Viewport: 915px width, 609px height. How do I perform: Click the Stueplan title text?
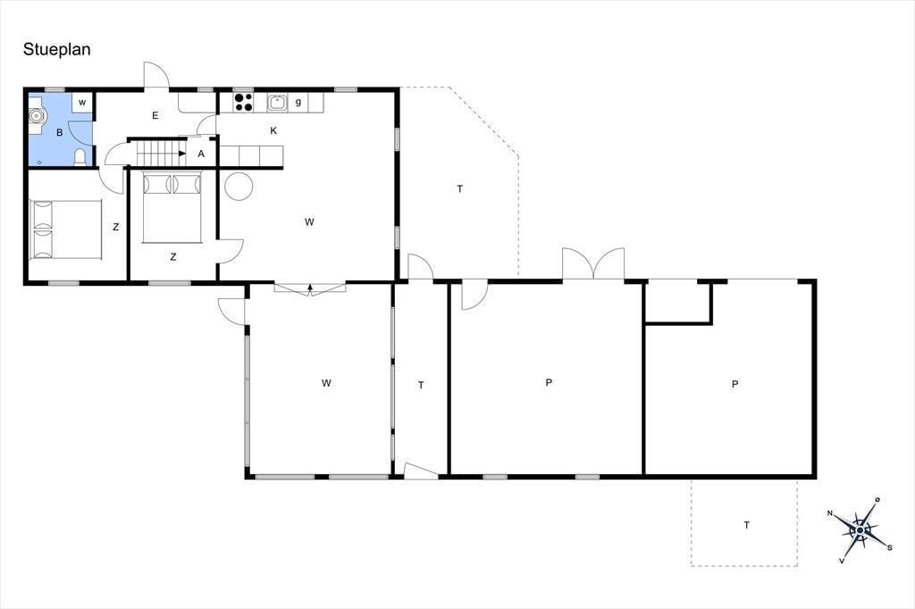pyautogui.click(x=56, y=50)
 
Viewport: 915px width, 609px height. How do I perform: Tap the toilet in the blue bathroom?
pyautogui.click(x=80, y=157)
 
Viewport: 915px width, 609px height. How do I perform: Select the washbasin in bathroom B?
pyautogui.click(x=37, y=116)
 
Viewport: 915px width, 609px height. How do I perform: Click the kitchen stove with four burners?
pyautogui.click(x=243, y=103)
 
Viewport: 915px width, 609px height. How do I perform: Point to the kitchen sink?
pyautogui.click(x=278, y=103)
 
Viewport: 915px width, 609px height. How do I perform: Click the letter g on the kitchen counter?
pyautogui.click(x=298, y=102)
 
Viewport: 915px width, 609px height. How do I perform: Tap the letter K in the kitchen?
pyautogui.click(x=273, y=130)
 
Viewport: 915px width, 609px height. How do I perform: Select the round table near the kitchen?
pyautogui.click(x=239, y=186)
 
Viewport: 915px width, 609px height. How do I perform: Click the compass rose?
pyautogui.click(x=860, y=530)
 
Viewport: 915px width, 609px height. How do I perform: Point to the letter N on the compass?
pyautogui.click(x=829, y=513)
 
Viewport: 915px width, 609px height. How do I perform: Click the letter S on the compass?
pyautogui.click(x=889, y=547)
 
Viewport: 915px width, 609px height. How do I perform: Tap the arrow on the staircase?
pyautogui.click(x=182, y=154)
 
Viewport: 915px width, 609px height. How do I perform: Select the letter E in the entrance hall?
pyautogui.click(x=155, y=115)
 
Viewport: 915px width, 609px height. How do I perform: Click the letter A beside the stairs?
pyautogui.click(x=201, y=154)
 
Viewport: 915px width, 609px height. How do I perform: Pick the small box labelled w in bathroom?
pyautogui.click(x=82, y=102)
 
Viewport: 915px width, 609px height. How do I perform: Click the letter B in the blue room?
pyautogui.click(x=60, y=133)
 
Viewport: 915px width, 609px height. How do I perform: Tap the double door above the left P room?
pyautogui.click(x=593, y=263)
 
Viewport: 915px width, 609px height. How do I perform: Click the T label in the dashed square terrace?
pyautogui.click(x=746, y=525)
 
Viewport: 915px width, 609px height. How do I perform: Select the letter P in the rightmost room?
pyautogui.click(x=735, y=384)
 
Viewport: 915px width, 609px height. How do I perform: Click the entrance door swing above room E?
pyautogui.click(x=156, y=75)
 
